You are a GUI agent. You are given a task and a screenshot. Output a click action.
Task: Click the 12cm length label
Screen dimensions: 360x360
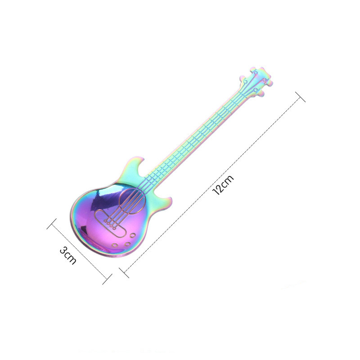(x=223, y=185)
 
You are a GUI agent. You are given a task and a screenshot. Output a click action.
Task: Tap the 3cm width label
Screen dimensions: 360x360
(x=68, y=255)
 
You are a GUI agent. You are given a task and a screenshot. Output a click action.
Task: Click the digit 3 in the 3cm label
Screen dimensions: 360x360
(x=63, y=250)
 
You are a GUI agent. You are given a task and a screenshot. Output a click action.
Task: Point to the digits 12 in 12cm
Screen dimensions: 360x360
(x=219, y=189)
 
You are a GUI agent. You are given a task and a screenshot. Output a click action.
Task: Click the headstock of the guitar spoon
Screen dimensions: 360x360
(x=256, y=81)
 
